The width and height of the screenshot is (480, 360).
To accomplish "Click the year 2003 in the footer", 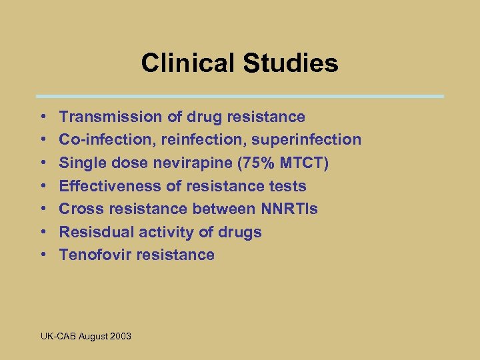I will point(120,336).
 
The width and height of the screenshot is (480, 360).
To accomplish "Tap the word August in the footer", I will point(93,336).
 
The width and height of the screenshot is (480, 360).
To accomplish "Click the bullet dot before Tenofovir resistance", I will point(43,255).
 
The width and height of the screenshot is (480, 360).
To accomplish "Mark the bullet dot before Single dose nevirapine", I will point(43,163).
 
